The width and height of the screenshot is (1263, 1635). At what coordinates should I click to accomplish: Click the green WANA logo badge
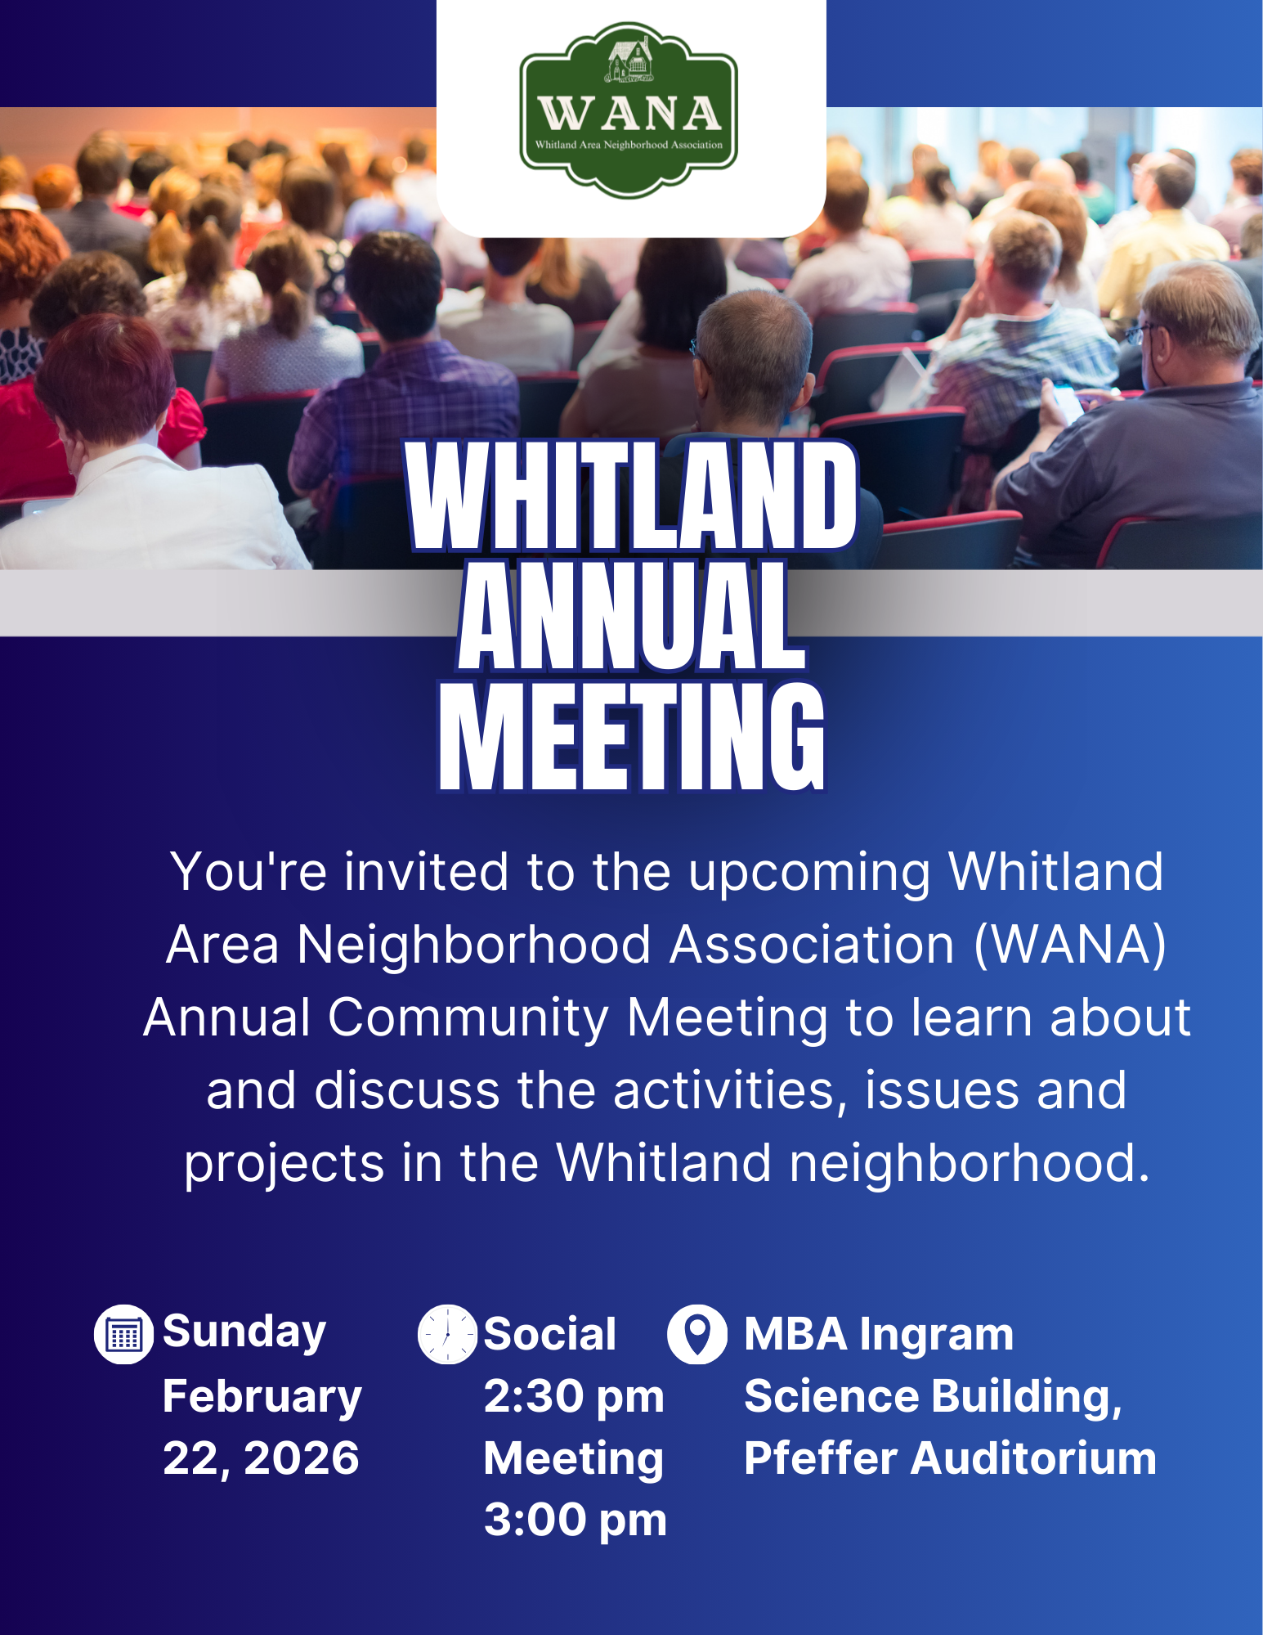pyautogui.click(x=629, y=110)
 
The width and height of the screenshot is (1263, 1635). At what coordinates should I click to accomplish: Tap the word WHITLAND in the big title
pyautogui.click(x=632, y=496)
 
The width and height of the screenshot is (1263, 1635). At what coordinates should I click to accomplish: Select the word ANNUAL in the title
pyautogui.click(x=632, y=616)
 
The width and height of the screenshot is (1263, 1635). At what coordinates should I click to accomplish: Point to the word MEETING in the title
pyautogui.click(x=632, y=736)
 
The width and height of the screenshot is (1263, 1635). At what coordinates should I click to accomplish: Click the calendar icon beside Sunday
pyautogui.click(x=123, y=1335)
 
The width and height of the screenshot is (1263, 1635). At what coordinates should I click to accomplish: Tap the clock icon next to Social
pyautogui.click(x=447, y=1335)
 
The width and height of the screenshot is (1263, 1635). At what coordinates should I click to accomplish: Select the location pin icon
pyautogui.click(x=697, y=1335)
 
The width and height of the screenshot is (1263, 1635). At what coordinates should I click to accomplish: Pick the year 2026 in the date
pyautogui.click(x=302, y=1458)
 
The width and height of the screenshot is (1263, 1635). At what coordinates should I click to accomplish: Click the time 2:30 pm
pyautogui.click(x=574, y=1396)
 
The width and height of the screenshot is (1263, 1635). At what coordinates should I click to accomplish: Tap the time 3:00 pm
pyautogui.click(x=576, y=1520)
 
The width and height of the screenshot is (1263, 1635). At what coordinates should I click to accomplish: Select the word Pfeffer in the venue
pyautogui.click(x=821, y=1458)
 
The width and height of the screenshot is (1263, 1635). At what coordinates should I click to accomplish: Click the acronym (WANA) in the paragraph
pyautogui.click(x=1070, y=946)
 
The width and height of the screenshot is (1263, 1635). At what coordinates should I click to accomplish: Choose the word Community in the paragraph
pyautogui.click(x=468, y=1019)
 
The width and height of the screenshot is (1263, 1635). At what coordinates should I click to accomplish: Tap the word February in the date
pyautogui.click(x=262, y=1397)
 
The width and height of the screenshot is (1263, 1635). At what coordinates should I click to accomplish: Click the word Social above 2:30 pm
pyautogui.click(x=550, y=1335)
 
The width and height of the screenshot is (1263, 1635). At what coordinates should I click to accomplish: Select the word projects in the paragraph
pyautogui.click(x=284, y=1165)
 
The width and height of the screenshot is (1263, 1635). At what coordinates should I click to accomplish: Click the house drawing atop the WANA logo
pyautogui.click(x=629, y=61)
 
